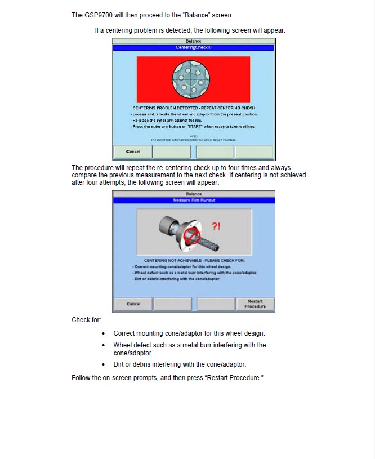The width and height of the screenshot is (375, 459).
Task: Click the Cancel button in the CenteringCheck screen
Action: click(x=133, y=151)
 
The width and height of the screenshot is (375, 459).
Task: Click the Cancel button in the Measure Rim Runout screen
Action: click(x=133, y=304)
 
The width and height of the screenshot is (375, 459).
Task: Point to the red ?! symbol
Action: click(x=216, y=226)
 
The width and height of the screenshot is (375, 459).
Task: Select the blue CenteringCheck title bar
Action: click(x=193, y=48)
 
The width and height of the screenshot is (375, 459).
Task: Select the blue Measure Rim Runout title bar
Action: click(x=193, y=200)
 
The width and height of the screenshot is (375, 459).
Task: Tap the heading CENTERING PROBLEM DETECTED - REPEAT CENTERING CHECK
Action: click(x=194, y=108)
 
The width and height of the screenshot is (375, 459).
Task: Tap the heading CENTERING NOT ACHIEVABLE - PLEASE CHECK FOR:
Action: click(x=194, y=260)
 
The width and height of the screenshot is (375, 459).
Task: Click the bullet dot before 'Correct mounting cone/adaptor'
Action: click(x=104, y=333)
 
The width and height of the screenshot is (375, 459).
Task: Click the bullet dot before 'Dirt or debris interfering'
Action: click(x=104, y=364)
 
